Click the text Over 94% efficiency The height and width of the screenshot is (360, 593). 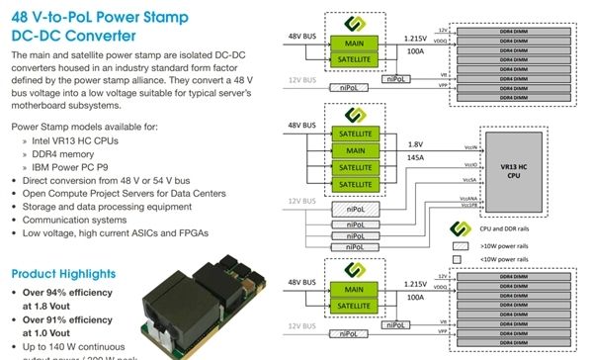click(69, 293)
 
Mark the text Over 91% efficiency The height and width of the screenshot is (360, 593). click(69, 319)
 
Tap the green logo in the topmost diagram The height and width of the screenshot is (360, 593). click(346, 23)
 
